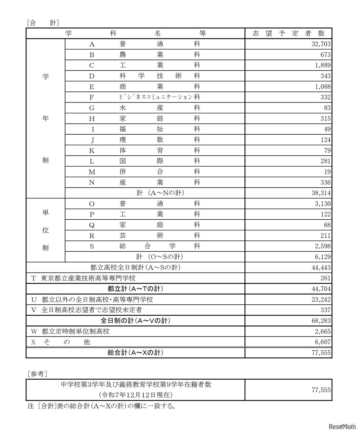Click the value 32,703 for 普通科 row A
point(321,44)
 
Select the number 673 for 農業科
point(326,55)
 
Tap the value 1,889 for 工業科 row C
point(323,65)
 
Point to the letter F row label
point(92,97)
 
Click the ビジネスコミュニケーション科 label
point(159,97)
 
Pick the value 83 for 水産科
point(327,108)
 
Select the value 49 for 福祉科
point(327,129)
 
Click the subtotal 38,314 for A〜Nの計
point(321,193)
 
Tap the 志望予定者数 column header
point(289,34)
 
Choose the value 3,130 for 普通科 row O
point(323,204)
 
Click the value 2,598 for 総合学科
point(323,246)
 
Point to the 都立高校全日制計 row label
point(135,267)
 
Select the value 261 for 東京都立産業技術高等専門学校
point(326,278)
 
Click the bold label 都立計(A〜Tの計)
point(135,289)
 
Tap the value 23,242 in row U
point(321,300)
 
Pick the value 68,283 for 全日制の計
point(321,321)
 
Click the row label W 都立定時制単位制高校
point(70,331)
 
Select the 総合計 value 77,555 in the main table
point(321,353)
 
